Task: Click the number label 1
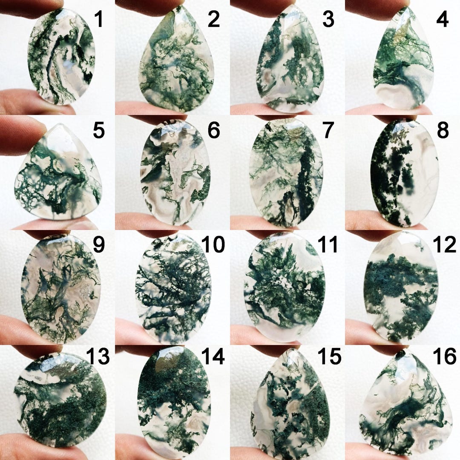pos(99,20)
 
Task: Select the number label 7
pos(327,131)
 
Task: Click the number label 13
pos(99,357)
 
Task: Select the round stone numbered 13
pos(60,400)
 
